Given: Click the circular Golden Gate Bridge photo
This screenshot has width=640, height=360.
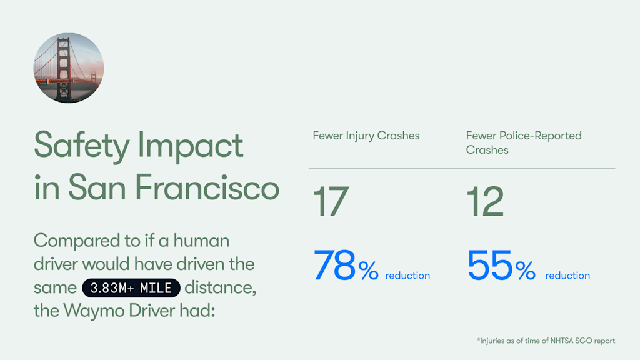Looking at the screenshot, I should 69,68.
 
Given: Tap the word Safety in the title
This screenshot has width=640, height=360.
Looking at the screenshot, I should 80,146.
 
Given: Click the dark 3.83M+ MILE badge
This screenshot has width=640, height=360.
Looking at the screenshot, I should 131,288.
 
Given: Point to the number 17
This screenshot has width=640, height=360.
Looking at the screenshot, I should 331,201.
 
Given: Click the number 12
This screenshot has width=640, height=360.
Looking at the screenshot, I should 485,201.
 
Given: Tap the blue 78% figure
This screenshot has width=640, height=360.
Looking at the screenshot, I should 346,267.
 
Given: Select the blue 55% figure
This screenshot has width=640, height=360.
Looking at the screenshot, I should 501,267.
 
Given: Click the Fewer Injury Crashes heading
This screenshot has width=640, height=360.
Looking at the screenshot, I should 366,136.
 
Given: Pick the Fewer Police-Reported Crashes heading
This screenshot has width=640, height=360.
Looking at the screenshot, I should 524,142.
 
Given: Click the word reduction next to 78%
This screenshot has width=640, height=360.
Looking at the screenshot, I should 407,276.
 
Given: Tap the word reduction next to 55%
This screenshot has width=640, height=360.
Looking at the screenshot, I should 567,276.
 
